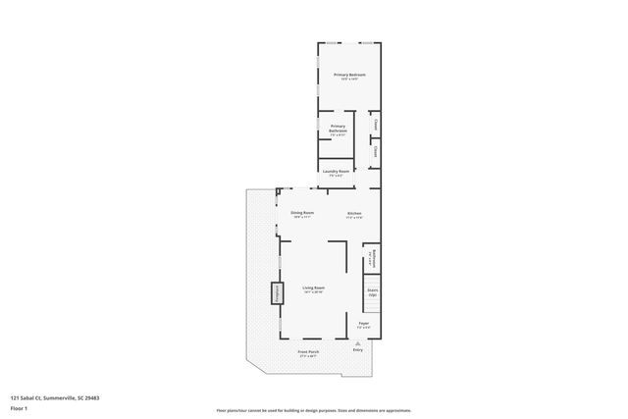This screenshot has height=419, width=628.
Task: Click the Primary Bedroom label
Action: pyautogui.click(x=349, y=75)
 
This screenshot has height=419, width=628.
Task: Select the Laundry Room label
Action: pyautogui.click(x=336, y=172)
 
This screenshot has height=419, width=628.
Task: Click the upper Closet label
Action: pyautogui.click(x=376, y=125)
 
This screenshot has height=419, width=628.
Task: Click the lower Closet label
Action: pyautogui.click(x=376, y=151)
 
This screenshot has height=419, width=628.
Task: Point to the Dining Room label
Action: pyautogui.click(x=301, y=213)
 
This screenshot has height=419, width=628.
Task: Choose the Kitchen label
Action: pyautogui.click(x=354, y=213)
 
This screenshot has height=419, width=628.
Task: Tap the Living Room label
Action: pyautogui.click(x=313, y=288)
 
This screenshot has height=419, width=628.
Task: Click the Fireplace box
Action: pyautogui.click(x=276, y=292)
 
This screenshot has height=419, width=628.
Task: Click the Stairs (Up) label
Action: pyautogui.click(x=372, y=291)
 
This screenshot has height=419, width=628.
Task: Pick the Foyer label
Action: pyautogui.click(x=363, y=323)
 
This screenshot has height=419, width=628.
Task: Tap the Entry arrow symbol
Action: pyautogui.click(x=357, y=342)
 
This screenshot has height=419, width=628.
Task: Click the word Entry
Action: pyautogui.click(x=357, y=349)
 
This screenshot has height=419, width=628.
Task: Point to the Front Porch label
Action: pyautogui.click(x=308, y=351)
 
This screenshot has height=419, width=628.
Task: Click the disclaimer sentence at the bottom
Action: pyautogui.click(x=313, y=409)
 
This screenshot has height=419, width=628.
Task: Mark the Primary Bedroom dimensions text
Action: pyautogui.click(x=349, y=79)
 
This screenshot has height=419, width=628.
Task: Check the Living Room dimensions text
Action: pyautogui.click(x=313, y=293)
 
